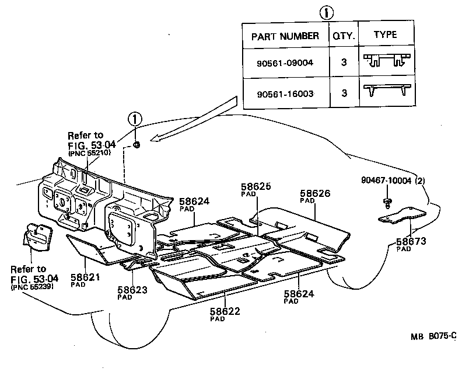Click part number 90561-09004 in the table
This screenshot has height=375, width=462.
(x=285, y=62)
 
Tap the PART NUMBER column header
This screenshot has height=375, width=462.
(x=285, y=36)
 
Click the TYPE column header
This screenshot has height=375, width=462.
(x=386, y=35)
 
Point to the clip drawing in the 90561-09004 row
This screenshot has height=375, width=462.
(x=386, y=61)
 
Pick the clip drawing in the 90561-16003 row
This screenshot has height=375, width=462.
(x=386, y=91)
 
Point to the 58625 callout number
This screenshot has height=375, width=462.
(x=256, y=187)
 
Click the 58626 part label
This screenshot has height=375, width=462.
(x=315, y=192)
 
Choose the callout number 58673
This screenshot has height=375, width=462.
(x=412, y=241)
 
